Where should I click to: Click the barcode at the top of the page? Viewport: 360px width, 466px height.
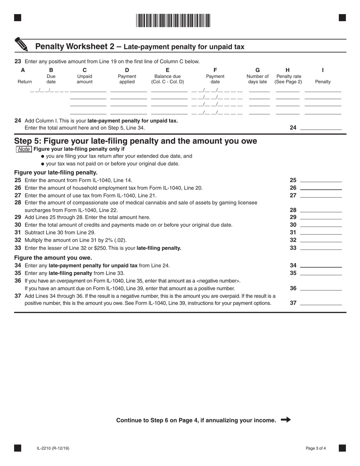(x=173, y=20)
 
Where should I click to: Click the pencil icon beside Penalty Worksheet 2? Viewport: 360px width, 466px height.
(x=22, y=44)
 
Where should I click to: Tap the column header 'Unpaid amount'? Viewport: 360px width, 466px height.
(x=85, y=79)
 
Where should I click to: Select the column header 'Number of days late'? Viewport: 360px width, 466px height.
(x=258, y=79)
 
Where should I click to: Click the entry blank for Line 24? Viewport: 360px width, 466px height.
(x=321, y=128)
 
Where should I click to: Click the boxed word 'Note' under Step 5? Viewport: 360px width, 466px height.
(x=24, y=149)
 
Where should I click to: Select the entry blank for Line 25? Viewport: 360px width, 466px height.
(x=321, y=180)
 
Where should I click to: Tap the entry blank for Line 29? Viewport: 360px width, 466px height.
(x=321, y=217)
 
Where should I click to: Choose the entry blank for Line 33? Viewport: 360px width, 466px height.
(x=321, y=248)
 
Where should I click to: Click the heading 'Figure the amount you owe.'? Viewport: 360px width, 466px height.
(x=53, y=258)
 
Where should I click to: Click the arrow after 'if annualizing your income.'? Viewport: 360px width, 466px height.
(x=286, y=420)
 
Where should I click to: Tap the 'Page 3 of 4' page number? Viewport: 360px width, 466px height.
(x=316, y=449)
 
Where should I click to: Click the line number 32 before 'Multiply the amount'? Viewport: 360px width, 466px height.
(x=18, y=240)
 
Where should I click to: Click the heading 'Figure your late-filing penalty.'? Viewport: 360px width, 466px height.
(x=56, y=173)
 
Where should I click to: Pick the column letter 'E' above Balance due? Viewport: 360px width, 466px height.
(x=167, y=70)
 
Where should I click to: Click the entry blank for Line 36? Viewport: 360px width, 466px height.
(x=321, y=288)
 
